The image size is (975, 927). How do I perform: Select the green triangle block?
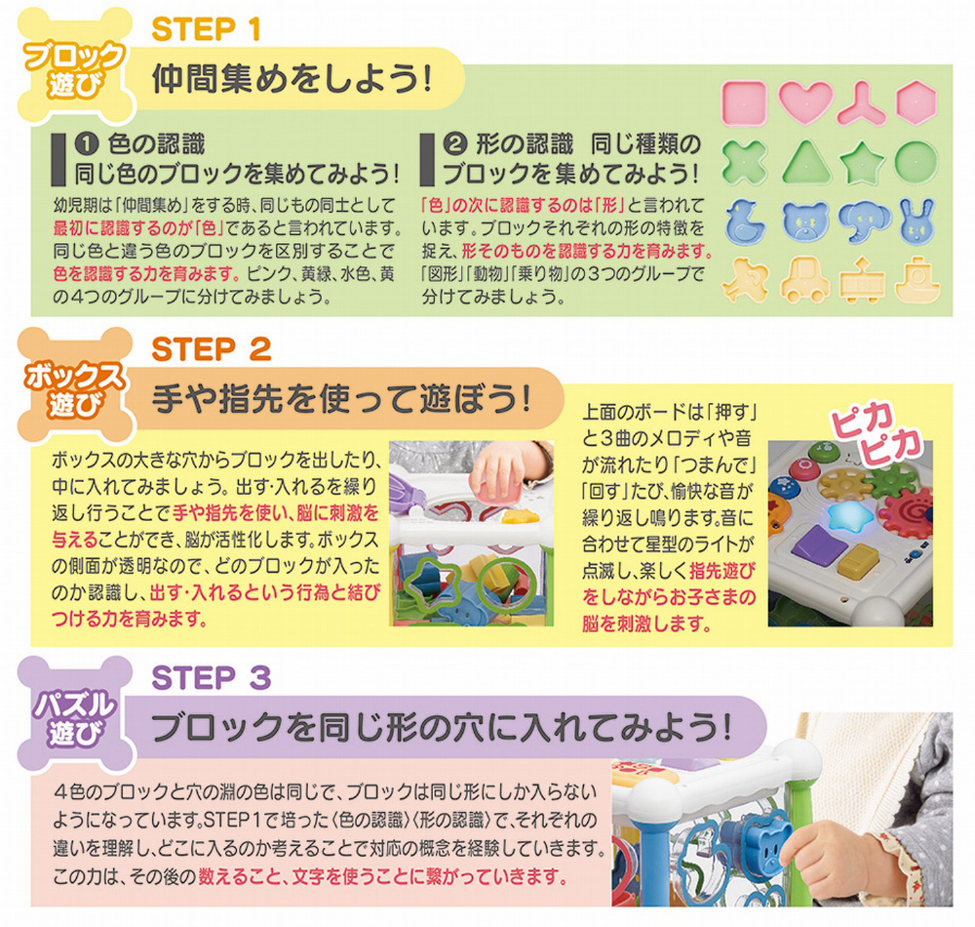806,162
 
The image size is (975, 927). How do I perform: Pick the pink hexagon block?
916,102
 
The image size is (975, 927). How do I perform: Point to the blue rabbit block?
916,221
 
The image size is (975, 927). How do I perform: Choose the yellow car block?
805,281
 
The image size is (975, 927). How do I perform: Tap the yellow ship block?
917,281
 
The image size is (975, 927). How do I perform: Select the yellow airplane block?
745,281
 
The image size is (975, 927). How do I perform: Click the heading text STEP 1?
206,29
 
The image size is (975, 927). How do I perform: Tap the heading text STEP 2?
212,349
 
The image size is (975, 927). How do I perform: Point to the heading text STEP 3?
212,677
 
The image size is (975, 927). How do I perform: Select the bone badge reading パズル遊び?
74,715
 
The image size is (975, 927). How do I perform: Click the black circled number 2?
454,144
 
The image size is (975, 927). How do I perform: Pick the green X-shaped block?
745,162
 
